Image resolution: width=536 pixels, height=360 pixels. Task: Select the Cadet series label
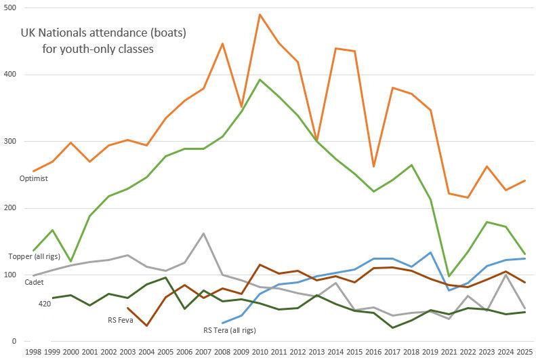pyautogui.click(x=34, y=281)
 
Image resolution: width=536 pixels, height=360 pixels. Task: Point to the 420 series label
pyautogui.click(x=45, y=304)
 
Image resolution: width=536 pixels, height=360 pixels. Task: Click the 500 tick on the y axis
pyautogui.click(x=12, y=8)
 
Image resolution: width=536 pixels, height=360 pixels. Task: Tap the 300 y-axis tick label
pyautogui.click(x=12, y=142)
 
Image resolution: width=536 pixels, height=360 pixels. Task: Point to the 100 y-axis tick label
pyautogui.click(x=12, y=275)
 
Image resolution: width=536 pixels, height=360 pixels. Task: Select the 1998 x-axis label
pyautogui.click(x=33, y=353)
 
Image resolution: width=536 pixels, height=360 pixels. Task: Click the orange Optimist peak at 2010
pyautogui.click(x=260, y=14)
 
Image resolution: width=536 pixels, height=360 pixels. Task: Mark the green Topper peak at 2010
pyautogui.click(x=260, y=79)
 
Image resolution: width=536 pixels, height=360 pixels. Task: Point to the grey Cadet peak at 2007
pyautogui.click(x=204, y=233)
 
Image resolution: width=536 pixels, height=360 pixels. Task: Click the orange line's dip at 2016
pyautogui.click(x=373, y=166)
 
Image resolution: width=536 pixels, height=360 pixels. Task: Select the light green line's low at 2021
pyautogui.click(x=449, y=276)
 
